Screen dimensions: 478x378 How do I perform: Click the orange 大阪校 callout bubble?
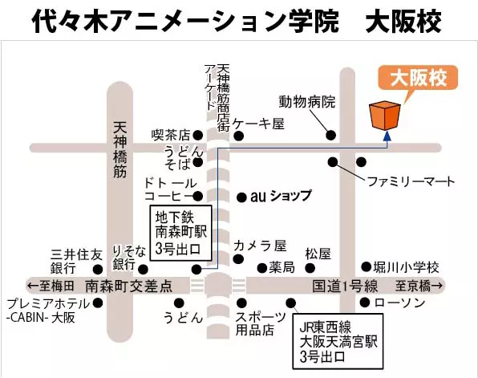pos(418,78)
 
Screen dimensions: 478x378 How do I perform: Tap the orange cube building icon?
pos(385,116)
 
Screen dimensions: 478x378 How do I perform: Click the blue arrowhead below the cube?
pos(387,136)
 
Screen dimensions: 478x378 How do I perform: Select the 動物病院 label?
pos(307,102)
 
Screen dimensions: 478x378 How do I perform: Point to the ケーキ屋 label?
pos(258,124)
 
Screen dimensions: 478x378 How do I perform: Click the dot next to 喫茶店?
pos(198,135)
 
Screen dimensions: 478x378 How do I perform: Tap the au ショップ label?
pos(281,196)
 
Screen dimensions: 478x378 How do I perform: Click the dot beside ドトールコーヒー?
pos(198,196)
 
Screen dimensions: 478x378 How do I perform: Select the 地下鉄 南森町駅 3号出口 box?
pos(180,233)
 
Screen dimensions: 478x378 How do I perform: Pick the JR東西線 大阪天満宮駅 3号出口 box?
pos(338,341)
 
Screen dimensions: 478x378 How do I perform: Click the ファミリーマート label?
pos(411,181)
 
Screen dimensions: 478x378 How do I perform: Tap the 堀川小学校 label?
pos(407,267)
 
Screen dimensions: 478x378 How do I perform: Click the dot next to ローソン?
pos(365,303)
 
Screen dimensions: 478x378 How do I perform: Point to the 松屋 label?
pos(318,254)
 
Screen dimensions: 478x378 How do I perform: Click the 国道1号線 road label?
pos(345,287)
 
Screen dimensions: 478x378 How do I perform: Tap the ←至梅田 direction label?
pos(51,287)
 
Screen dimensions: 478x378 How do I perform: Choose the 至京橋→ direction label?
pos(419,287)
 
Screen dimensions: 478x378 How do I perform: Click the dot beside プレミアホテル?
pos(98,303)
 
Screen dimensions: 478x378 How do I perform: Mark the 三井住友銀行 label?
pos(76,261)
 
